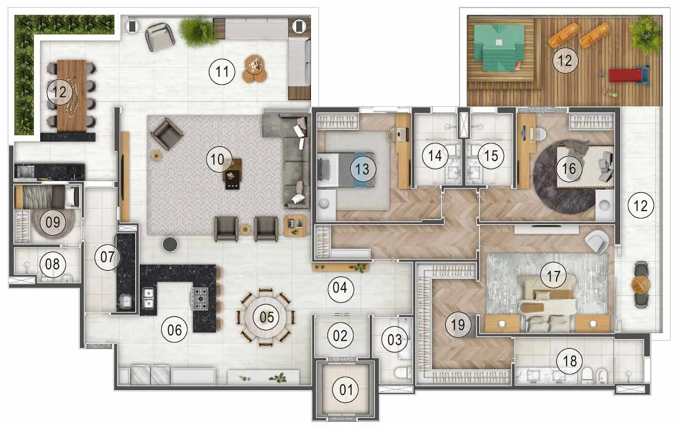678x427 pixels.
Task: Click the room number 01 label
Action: tap(346, 390)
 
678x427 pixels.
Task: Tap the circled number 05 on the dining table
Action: tap(266, 317)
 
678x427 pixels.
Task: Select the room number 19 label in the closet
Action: tap(458, 325)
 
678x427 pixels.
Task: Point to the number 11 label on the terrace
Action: tap(222, 72)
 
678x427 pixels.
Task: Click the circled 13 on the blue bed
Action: tap(363, 168)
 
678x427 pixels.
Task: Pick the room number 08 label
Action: tap(53, 264)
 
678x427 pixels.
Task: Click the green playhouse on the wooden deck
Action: tap(499, 48)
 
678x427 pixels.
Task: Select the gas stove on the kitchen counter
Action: tap(200, 298)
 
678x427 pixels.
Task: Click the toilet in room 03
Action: tap(403, 373)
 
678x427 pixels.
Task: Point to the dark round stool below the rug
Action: tap(170, 244)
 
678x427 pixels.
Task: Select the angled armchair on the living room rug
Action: tap(166, 134)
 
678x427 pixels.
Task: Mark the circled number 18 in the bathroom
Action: tap(570, 361)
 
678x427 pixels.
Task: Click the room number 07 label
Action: tap(107, 257)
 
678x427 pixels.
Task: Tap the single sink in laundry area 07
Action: tap(125, 302)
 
